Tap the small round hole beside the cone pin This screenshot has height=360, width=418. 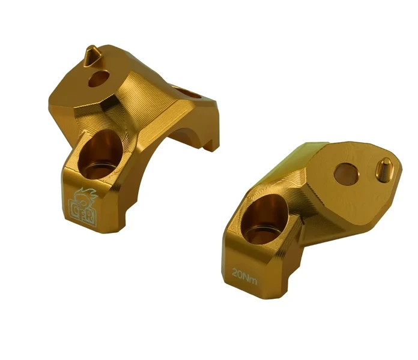coord(98,79)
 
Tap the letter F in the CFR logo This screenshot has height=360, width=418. coord(82,212)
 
